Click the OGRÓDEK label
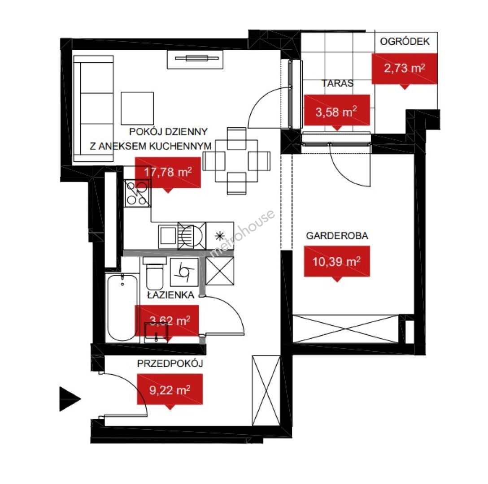405,41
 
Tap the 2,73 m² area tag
405,69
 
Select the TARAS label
337,83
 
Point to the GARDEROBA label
337,236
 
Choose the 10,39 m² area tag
337,261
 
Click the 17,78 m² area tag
168,173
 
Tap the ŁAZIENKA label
170,295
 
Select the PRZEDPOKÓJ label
170,363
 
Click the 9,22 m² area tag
170,389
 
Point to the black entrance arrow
70,399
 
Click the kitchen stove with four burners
137,194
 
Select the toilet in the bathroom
154,273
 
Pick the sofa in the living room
93,108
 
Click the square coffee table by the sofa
137,108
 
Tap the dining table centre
236,161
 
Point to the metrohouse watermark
242,233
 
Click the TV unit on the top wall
196,59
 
